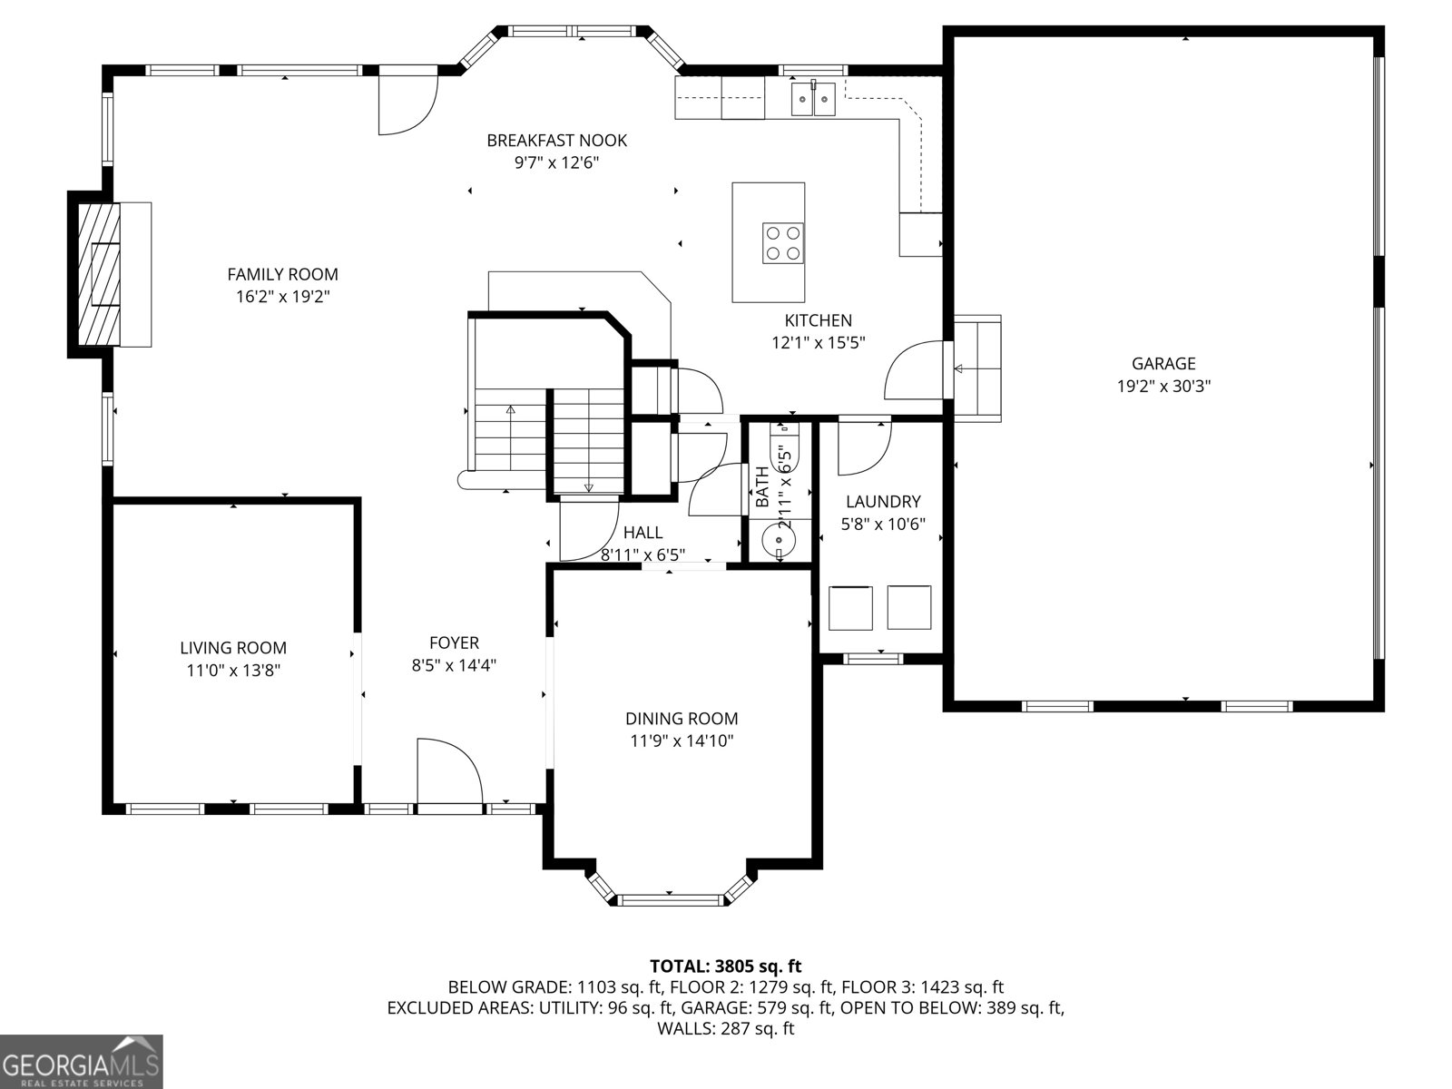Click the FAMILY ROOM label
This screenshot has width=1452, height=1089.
coord(282,274)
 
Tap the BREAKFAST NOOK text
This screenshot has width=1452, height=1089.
coord(556,140)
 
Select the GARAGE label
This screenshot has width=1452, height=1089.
coord(1163,363)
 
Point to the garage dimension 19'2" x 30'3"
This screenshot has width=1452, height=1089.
coord(1163,386)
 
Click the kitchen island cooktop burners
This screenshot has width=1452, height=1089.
coord(783,242)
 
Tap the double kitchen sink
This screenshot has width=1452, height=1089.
coord(813,99)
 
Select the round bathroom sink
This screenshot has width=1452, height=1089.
coord(780,541)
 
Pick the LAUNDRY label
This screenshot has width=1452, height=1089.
coord(882,501)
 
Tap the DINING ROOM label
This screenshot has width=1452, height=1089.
coord(682,718)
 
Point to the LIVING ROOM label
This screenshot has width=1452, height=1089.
coord(233,647)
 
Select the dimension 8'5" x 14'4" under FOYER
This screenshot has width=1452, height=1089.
coord(454,664)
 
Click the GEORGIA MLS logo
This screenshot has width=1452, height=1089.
coord(81,1062)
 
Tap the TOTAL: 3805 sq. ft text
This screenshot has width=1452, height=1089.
coord(726,966)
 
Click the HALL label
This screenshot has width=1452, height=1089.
coord(643,533)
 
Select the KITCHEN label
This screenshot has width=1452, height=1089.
coord(818,320)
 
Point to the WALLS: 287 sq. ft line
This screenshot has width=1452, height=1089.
coord(726,1028)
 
